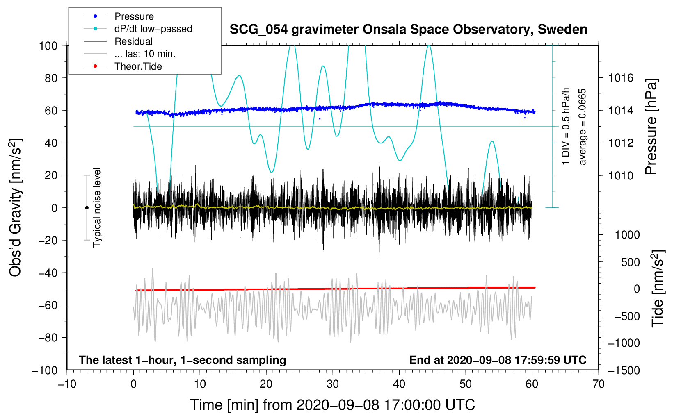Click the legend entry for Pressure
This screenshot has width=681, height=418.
[134, 16]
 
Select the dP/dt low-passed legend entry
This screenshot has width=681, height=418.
[153, 29]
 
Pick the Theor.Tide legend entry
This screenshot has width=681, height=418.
[138, 66]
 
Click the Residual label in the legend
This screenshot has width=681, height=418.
[133, 41]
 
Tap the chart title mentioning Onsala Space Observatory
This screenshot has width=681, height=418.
[408, 30]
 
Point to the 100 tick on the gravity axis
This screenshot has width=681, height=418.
[48, 45]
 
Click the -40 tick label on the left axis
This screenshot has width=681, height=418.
[48, 273]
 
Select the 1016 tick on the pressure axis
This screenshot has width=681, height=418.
[621, 78]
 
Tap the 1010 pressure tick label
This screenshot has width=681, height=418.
[621, 175]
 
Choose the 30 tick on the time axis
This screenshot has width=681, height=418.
[333, 384]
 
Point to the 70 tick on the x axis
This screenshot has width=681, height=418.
[599, 384]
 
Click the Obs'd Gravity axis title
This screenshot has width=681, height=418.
[16, 207]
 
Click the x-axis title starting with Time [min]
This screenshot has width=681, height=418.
[332, 405]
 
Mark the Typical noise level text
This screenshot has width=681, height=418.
[97, 207]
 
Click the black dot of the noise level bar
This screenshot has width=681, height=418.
[87, 208]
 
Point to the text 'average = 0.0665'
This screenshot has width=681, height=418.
[583, 127]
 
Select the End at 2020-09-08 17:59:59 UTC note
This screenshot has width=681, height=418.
[498, 360]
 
